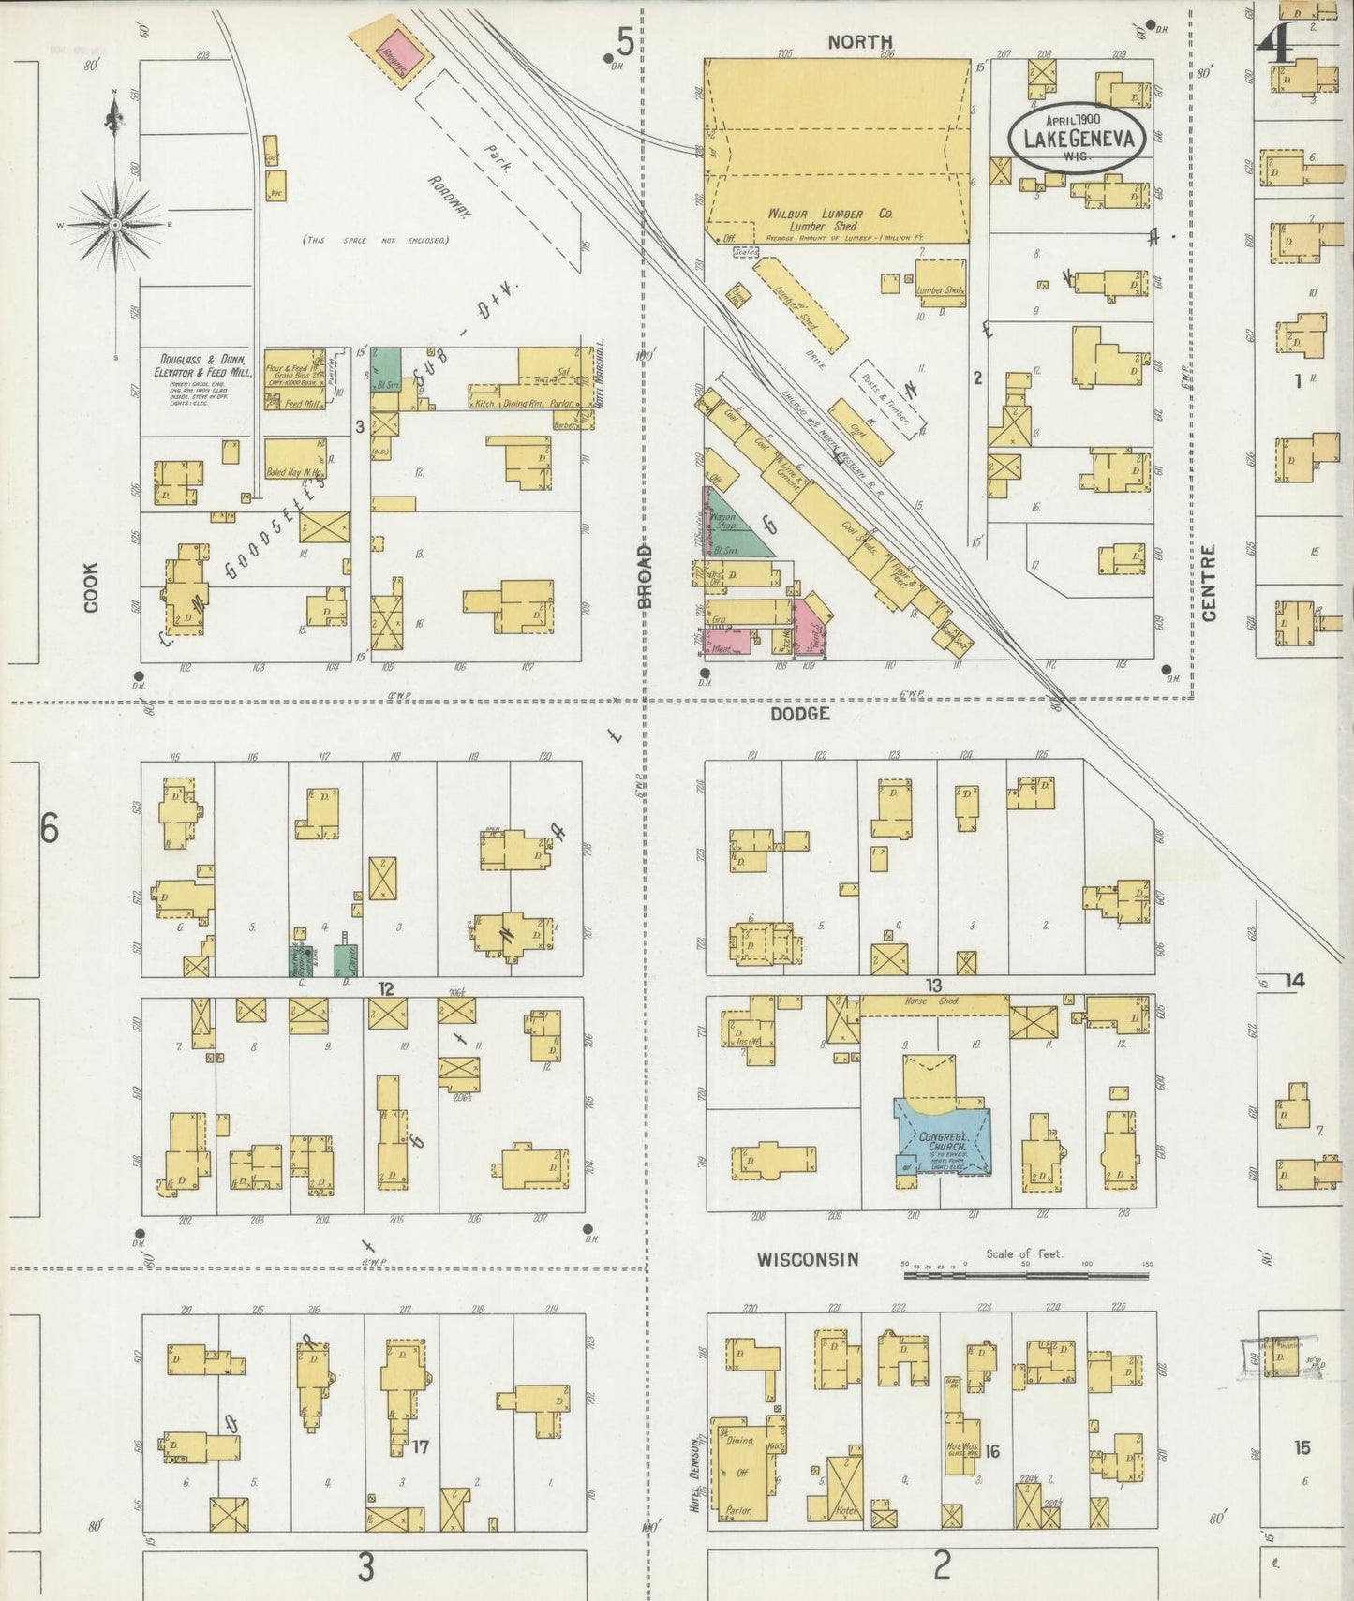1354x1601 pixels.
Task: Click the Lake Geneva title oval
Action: (1078, 139)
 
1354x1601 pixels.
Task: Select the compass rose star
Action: (114, 225)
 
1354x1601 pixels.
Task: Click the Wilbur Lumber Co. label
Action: (829, 214)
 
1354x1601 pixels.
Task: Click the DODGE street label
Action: (799, 714)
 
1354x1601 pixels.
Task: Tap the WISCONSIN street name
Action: (808, 1259)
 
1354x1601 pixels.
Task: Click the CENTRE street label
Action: (1208, 582)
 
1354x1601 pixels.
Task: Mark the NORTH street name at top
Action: (859, 41)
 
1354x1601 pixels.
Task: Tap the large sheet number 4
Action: (1275, 43)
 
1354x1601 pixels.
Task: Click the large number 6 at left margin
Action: (49, 828)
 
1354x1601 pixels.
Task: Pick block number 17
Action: (420, 1446)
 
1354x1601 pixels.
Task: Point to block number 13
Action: (933, 985)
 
